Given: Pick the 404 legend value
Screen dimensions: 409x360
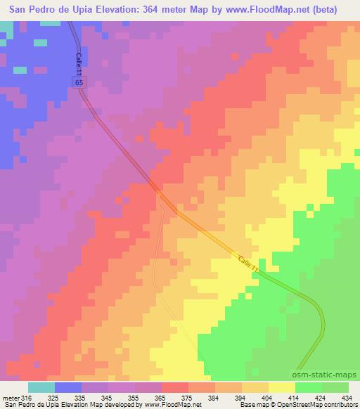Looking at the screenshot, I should (271, 397).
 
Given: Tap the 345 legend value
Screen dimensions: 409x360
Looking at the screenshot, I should (108, 397).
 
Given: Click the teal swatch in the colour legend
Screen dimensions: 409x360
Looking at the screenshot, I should (41, 388).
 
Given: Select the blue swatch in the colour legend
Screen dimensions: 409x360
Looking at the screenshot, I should (67, 388).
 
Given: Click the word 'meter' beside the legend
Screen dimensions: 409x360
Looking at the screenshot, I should (11, 397).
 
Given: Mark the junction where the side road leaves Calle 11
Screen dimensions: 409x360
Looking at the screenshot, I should (160, 193).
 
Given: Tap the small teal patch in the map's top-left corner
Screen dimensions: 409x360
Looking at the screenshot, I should (6, 29).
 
